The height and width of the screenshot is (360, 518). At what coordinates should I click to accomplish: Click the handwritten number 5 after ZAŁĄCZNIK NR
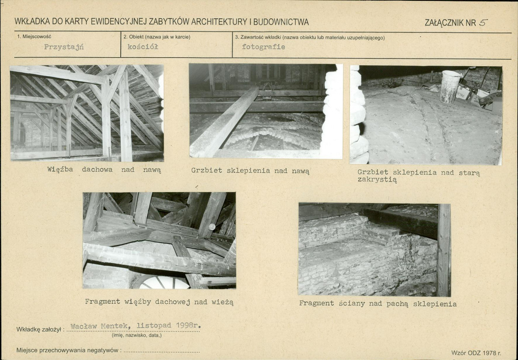[x=483, y=22]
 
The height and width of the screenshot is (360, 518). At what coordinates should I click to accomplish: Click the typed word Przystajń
[x=64, y=47]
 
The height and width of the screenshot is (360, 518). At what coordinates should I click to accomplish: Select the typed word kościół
[x=143, y=47]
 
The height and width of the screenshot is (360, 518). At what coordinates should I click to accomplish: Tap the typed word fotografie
[x=263, y=47]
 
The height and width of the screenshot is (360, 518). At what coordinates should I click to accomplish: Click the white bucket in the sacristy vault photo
[x=450, y=87]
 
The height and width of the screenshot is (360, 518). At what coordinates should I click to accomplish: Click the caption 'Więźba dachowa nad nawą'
[x=104, y=170]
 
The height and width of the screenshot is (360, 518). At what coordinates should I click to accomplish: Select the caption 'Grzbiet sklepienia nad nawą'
[x=250, y=171]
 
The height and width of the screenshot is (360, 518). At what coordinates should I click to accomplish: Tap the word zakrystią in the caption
[x=377, y=180]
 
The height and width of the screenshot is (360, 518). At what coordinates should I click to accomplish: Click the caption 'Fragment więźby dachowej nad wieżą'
[x=159, y=302]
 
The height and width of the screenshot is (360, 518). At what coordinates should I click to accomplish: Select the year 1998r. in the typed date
[x=188, y=325]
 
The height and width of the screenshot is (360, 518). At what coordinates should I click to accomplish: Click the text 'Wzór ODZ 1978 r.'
[x=476, y=353]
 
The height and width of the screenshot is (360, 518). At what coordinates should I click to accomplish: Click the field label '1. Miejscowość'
[x=34, y=36]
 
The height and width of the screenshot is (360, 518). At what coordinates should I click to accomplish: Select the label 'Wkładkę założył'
[x=38, y=330]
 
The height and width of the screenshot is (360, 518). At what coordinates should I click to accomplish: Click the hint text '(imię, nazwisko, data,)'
[x=137, y=335]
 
